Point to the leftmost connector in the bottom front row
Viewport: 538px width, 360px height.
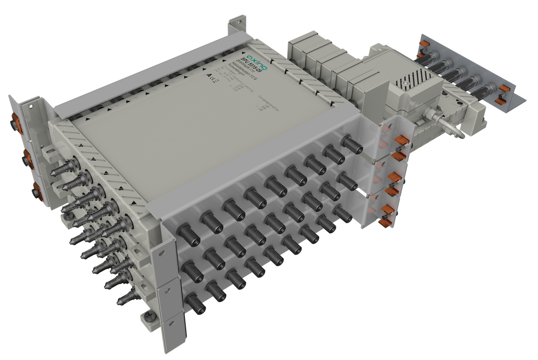pos(195,303)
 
